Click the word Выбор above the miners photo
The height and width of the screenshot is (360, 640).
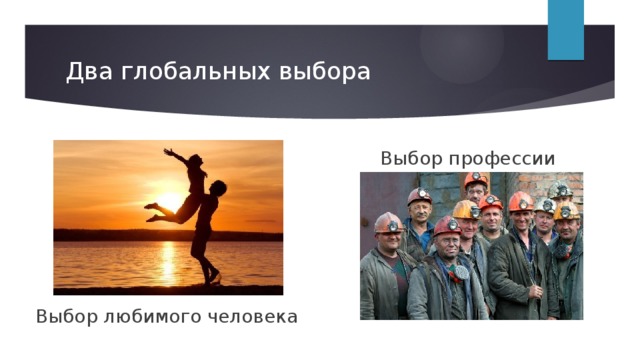[x=409, y=158]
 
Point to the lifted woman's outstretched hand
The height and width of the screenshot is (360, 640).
[x=167, y=152]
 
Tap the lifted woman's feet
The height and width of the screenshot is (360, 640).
[x=151, y=211]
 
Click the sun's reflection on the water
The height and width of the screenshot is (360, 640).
[x=167, y=262]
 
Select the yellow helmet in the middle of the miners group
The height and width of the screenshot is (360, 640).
[x=465, y=209]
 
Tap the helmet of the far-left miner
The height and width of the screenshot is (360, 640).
[x=387, y=222]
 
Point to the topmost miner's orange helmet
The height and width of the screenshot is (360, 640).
[x=476, y=179]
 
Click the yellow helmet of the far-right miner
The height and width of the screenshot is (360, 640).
[x=567, y=211]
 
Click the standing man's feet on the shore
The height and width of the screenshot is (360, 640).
[x=209, y=280]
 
